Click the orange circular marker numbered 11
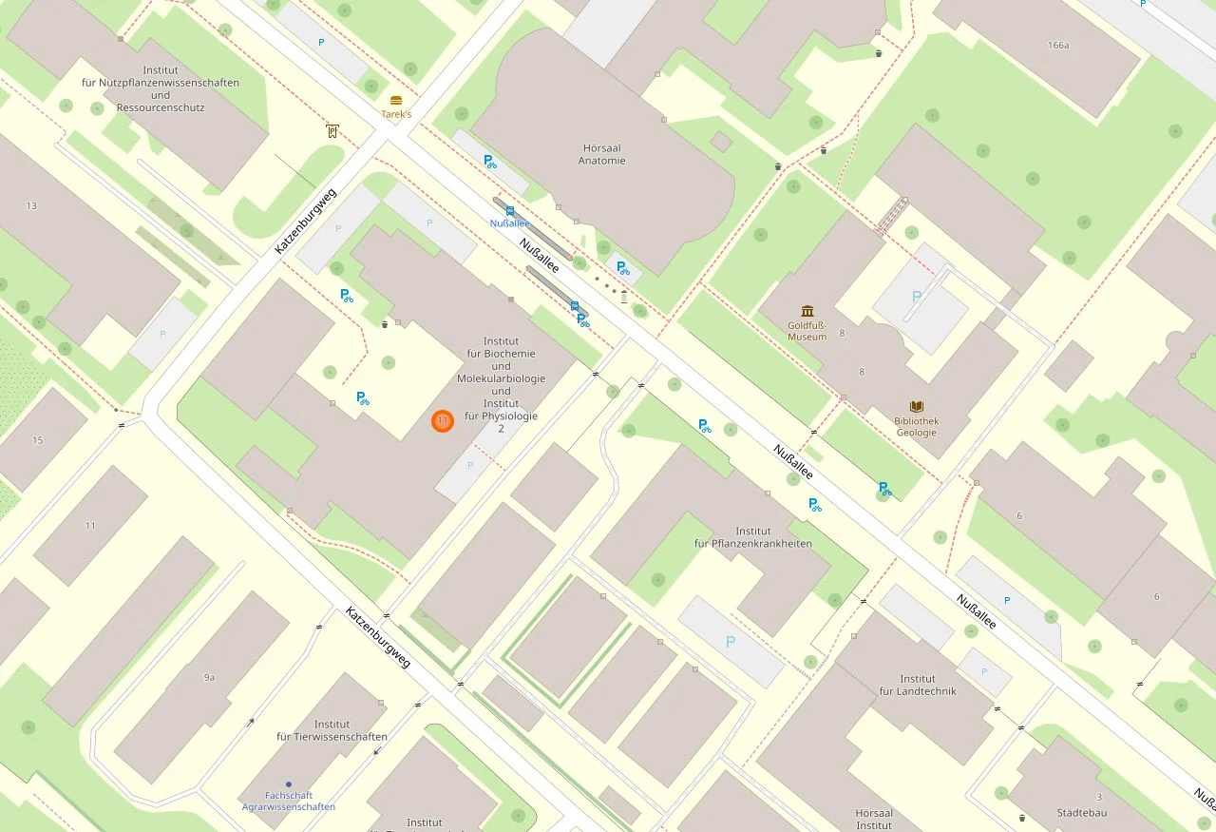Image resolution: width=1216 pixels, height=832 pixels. [442, 420]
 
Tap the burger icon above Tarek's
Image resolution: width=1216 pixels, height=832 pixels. [396, 100]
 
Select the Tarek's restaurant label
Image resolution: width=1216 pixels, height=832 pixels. [396, 114]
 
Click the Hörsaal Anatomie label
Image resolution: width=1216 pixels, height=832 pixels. [602, 154]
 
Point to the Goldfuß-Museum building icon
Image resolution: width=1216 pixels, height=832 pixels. [807, 311]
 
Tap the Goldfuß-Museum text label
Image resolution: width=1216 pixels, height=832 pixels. [807, 330]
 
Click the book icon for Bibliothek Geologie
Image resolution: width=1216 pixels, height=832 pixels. [916, 406]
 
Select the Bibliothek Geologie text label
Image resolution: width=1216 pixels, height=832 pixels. [916, 426]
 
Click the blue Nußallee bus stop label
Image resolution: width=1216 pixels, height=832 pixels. [509, 223]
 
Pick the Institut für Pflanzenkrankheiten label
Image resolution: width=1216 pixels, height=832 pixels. [752, 537]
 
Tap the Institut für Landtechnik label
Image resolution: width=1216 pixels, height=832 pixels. [917, 685]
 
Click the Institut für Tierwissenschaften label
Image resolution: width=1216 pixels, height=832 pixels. [332, 730]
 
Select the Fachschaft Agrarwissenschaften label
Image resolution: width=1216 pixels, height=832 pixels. [288, 801]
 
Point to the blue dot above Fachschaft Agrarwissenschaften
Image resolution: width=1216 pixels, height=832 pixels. [288, 784]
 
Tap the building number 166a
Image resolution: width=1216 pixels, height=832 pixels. [1058, 45]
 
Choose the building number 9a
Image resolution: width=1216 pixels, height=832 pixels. [209, 677]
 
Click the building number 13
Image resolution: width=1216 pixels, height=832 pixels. [31, 205]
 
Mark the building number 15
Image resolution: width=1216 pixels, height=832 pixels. [37, 440]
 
